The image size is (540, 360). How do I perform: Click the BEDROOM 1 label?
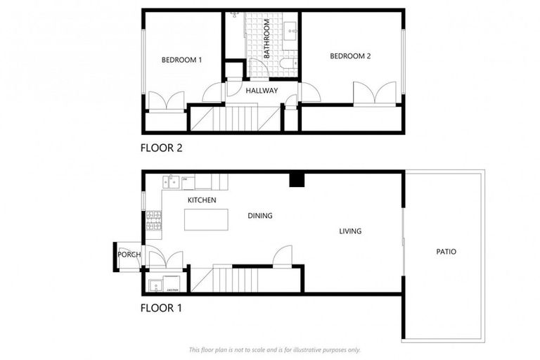coord(181,60)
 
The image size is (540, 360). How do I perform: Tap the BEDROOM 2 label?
coord(350,56)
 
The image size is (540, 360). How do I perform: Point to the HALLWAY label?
coord(262,91)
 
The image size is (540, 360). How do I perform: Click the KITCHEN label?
coord(201,200)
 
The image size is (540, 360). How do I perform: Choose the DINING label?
coord(260,216)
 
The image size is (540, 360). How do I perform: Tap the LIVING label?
coord(350,231)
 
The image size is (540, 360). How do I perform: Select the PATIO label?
coord(446,251)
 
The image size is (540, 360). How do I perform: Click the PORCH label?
coord(129,255)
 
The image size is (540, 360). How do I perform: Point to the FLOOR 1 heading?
coord(161,307)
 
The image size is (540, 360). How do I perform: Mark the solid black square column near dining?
coord(297,180)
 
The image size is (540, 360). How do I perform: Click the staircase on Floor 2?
coord(236,117)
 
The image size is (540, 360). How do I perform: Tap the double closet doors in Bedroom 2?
coord(374,94)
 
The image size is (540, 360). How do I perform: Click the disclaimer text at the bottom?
coord(274,349)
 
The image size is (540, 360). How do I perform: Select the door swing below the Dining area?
coord(283,256)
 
